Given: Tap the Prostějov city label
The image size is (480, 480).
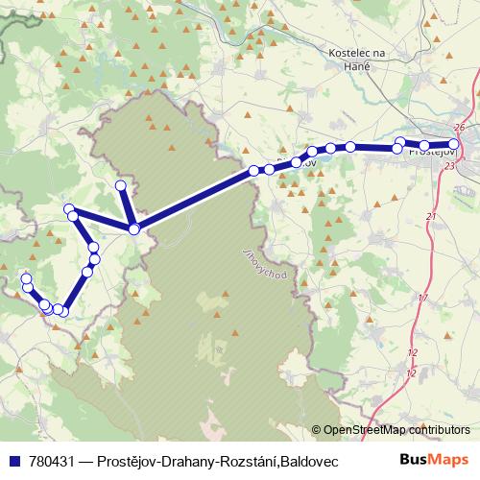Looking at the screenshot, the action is [432, 152].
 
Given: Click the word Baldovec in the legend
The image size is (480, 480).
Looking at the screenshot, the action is [310, 460].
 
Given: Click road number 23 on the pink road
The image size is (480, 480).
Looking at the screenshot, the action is [450, 166].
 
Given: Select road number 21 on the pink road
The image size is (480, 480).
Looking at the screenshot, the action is [430, 219].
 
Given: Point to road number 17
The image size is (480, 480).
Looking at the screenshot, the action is [423, 299].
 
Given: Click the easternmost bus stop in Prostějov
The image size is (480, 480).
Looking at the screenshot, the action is [455, 145].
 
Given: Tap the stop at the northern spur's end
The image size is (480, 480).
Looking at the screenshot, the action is [121, 185].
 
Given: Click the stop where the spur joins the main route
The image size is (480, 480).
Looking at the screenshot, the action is [133, 228].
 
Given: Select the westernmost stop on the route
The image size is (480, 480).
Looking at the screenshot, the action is [26, 279].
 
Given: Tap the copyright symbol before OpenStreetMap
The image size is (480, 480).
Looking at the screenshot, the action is [318, 430].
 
